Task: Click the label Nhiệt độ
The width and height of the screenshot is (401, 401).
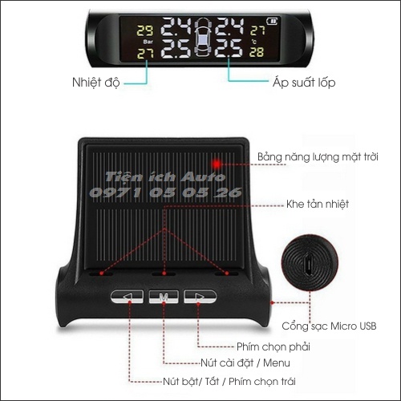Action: click(103, 82)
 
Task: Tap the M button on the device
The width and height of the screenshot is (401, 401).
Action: click(164, 298)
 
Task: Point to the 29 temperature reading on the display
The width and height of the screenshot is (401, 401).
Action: click(145, 30)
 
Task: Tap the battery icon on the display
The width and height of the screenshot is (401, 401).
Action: click(272, 19)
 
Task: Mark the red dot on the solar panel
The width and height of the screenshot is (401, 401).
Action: click(237, 162)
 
